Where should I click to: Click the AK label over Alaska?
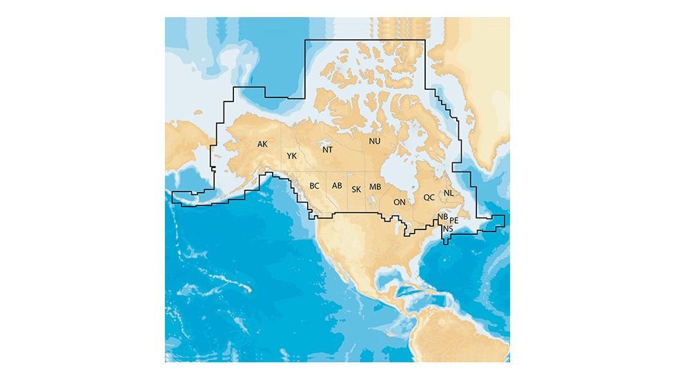click(262, 144)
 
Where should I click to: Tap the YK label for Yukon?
click(291, 156)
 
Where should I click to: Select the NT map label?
click(328, 149)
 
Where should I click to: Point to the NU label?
click(375, 141)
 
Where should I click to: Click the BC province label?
click(314, 186)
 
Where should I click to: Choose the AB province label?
click(337, 186)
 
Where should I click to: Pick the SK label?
click(356, 189)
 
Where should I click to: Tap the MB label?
click(375, 187)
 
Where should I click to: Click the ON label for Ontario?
click(399, 202)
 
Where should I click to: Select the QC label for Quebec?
click(429, 197)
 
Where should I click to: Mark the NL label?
click(449, 193)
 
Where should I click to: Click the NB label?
click(442, 217)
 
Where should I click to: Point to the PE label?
click(454, 220)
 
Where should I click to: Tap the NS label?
click(449, 229)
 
